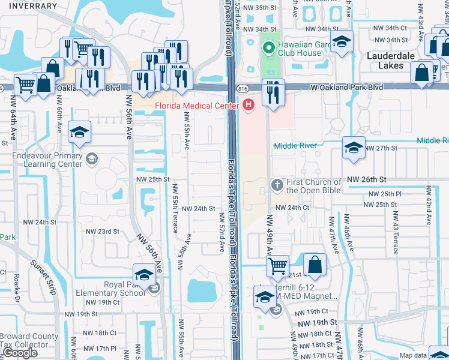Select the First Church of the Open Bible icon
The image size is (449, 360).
277,185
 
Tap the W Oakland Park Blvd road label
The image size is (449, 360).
347,88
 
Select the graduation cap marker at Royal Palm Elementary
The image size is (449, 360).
144,275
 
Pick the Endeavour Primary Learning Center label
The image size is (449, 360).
47,160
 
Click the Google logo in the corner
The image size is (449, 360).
20,353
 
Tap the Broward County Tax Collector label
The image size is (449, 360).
29,341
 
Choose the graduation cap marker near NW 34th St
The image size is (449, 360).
342,42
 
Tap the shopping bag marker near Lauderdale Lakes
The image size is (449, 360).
423,73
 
